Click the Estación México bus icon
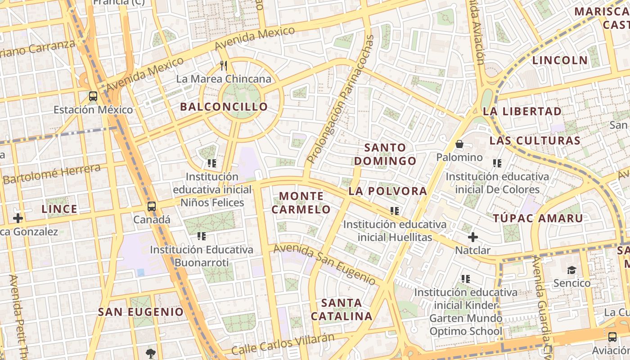pyautogui.click(x=93, y=96)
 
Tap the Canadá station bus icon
pyautogui.click(x=152, y=207)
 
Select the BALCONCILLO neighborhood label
pyautogui.click(x=224, y=107)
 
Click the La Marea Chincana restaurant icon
pyautogui.click(x=224, y=66)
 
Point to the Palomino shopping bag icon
pyautogui.click(x=459, y=144)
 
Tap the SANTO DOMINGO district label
pyautogui.click(x=385, y=154)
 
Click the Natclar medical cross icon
pyautogui.click(x=472, y=237)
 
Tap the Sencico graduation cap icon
pyautogui.click(x=571, y=270)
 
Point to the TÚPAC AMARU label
pyautogui.click(x=538, y=218)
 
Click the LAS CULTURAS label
pyautogui.click(x=535, y=140)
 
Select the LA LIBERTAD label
pyautogui.click(x=522, y=111)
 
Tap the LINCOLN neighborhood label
pyautogui.click(x=560, y=60)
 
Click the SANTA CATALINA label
pyautogui.click(x=342, y=309)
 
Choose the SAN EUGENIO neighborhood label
pyautogui.click(x=141, y=311)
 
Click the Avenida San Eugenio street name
pyautogui.click(x=324, y=264)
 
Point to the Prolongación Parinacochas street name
pyautogui.click(x=341, y=99)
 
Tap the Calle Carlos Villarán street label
pyautogui.click(x=283, y=344)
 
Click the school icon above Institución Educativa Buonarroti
pyautogui.click(x=201, y=236)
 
